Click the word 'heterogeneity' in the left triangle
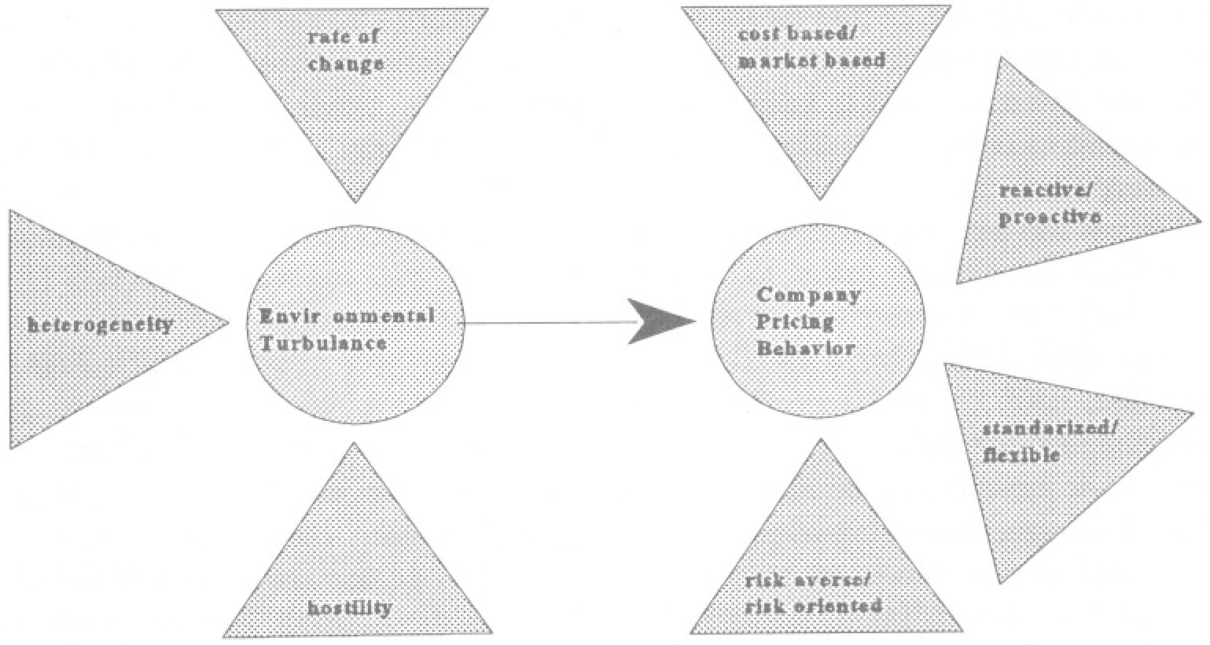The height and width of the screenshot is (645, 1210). point(101,324)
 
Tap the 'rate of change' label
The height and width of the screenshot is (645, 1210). point(346,50)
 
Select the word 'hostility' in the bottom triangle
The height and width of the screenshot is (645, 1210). point(349,607)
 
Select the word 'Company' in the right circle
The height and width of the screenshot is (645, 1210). point(808,296)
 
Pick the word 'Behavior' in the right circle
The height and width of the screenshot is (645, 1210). point(806,348)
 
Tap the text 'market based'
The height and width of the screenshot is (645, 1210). point(811,60)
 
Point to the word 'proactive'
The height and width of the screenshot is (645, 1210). point(1050,218)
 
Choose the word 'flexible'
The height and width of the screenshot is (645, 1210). point(1021,455)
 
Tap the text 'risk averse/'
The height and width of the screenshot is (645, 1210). point(807,581)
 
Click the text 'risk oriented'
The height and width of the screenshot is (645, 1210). point(813,606)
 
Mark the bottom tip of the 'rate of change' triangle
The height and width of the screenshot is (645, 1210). point(355,202)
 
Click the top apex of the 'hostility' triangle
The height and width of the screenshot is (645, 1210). point(354,444)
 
